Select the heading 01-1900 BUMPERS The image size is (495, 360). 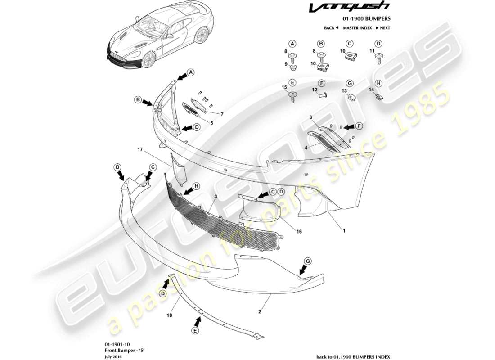click(366, 19)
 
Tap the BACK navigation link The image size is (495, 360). click(331, 28)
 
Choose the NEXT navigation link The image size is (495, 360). click(382, 28)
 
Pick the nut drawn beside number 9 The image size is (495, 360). click(293, 68)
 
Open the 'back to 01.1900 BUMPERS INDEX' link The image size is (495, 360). click(353, 356)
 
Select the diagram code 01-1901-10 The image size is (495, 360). click(111, 343)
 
